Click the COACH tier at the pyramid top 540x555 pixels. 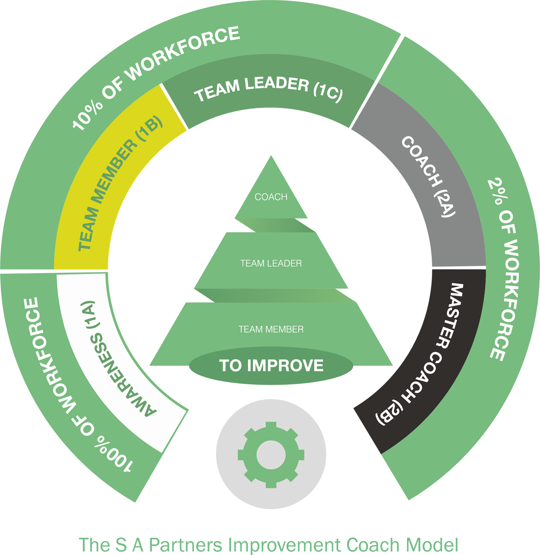tap(271, 194)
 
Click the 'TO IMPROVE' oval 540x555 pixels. tap(271, 366)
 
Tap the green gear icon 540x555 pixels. tap(271, 455)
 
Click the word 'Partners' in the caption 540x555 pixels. tap(185, 545)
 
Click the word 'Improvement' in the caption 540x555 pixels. tap(284, 546)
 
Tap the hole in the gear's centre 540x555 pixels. tap(271, 455)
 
